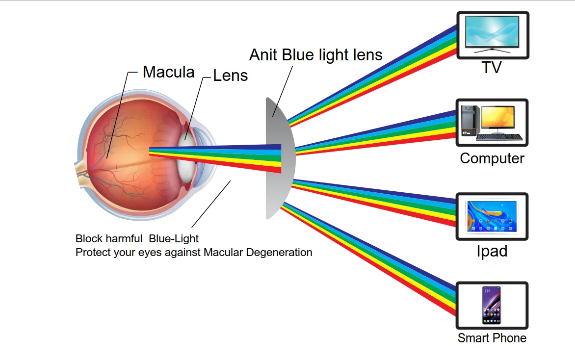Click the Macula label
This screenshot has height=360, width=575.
pos(168,72)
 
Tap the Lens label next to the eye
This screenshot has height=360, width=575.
pos(230,76)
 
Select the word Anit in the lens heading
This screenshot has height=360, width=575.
pos(263,54)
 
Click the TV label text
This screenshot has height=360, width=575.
pos(492,68)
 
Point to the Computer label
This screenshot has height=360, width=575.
pos(492,158)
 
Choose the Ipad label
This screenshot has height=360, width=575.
pos(492,251)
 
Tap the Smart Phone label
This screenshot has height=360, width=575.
pos(492,338)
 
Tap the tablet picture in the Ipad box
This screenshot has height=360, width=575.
pos(492,216)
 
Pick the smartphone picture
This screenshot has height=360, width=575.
pos(492,305)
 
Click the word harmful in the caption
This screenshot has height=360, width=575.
pos(123,239)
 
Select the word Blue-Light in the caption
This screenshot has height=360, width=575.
pos(174,239)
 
